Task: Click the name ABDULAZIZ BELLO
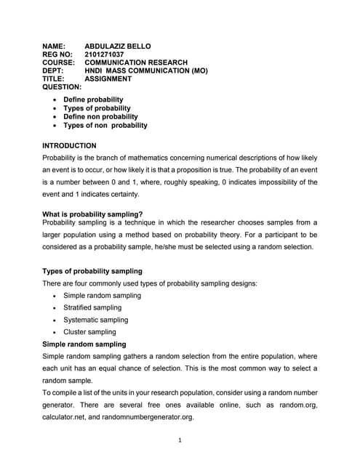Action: [118, 46]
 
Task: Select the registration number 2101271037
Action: [105, 54]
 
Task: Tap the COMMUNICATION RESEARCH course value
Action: [136, 62]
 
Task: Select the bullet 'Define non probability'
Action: [98, 116]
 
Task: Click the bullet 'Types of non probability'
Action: [105, 125]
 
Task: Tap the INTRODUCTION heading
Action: [70, 146]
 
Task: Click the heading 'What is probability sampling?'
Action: [92, 214]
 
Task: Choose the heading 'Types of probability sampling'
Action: [92, 271]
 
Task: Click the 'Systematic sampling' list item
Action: [96, 320]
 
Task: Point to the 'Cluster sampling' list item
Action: [89, 332]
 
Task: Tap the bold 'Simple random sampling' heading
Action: [84, 344]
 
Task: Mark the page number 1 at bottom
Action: [180, 440]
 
